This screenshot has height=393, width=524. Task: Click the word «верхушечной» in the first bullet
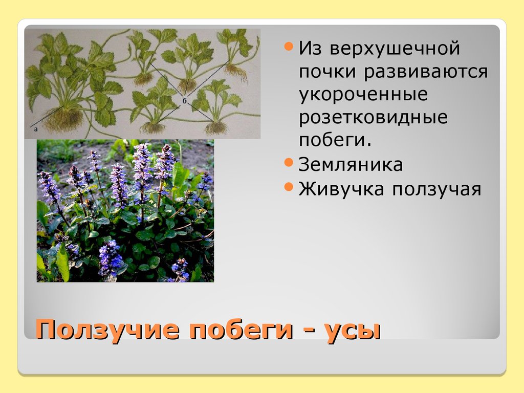[x=395, y=49]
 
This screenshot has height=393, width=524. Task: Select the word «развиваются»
[x=426, y=72]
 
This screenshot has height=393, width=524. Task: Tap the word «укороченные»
[x=363, y=95]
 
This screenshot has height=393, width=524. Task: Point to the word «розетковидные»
[x=374, y=118]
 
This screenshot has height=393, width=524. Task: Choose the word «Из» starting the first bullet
[x=311, y=49]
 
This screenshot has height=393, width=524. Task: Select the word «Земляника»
[x=351, y=165]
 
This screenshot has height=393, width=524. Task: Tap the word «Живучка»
[x=341, y=189]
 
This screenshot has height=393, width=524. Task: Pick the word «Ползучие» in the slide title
[x=107, y=330]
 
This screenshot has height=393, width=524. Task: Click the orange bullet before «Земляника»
[x=289, y=163]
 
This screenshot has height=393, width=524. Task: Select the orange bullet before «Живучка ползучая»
[x=289, y=187]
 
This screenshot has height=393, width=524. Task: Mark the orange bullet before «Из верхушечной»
[x=289, y=48]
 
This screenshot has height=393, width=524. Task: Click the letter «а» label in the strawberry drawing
[x=36, y=129]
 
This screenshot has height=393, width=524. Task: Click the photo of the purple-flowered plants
[x=125, y=211]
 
